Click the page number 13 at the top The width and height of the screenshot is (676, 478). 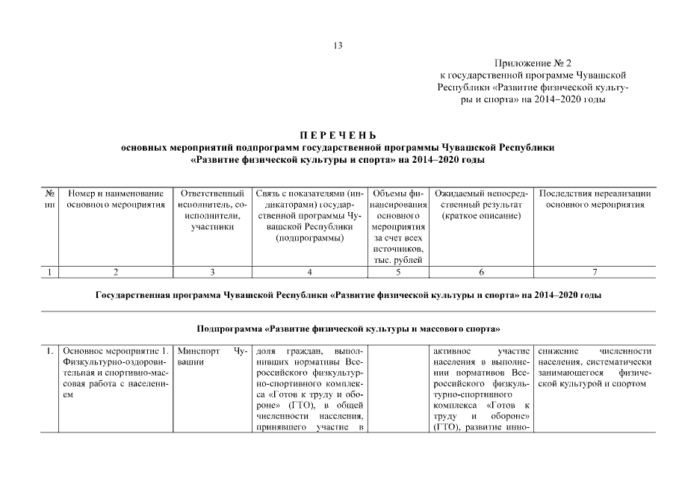[338, 46]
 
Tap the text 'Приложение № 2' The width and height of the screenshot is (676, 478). [531, 64]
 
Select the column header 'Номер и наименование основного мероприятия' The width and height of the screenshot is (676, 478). [115, 199]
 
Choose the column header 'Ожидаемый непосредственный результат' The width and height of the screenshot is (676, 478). [480, 204]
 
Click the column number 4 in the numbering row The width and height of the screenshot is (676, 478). [309, 273]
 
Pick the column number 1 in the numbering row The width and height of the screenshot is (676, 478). [49, 273]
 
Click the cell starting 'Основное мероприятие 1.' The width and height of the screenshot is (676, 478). [115, 372]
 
